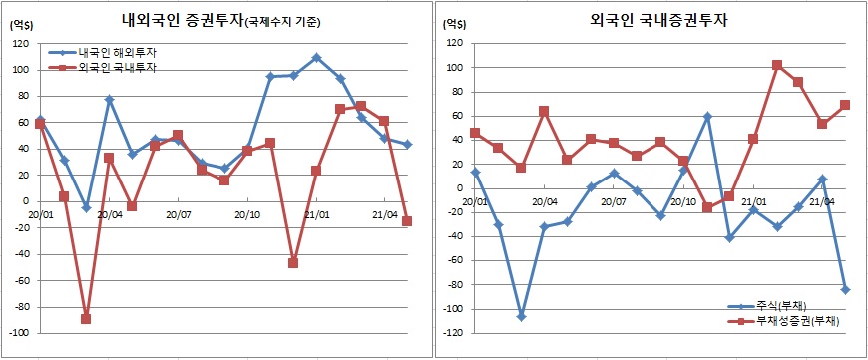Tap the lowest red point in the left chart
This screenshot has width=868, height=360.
86,319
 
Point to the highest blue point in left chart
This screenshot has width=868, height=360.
316,58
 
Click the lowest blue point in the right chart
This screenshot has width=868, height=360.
521,316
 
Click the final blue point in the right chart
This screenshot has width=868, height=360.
846,289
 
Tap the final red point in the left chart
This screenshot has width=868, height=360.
407,221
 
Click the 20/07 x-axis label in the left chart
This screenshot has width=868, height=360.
178,213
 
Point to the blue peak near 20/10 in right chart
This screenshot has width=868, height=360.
707,116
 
